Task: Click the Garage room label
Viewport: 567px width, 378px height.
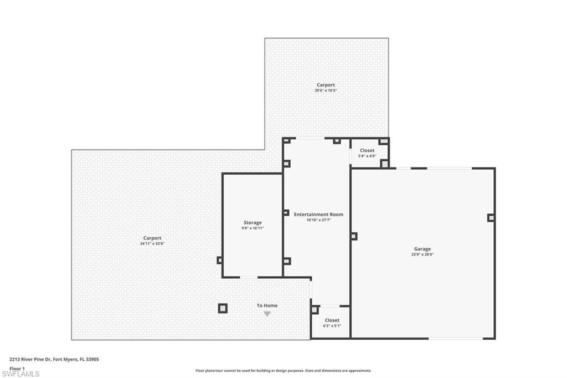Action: tap(422, 249)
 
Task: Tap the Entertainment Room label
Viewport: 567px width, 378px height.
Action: tap(318, 214)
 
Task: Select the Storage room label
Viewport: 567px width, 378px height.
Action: tap(252, 223)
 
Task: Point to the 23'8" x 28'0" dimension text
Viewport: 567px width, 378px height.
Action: tap(422, 255)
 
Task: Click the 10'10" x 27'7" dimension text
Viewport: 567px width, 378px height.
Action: tap(318, 220)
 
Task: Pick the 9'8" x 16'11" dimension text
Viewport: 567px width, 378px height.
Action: tap(252, 228)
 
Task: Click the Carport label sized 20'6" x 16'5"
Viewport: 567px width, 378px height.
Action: tap(326, 85)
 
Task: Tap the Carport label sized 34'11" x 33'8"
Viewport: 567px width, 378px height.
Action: tap(152, 238)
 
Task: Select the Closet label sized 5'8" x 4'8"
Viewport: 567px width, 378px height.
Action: tap(367, 150)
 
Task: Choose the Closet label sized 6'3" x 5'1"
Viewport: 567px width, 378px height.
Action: tap(332, 320)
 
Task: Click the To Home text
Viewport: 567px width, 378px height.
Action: tap(267, 305)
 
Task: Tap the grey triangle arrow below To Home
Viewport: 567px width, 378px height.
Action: tap(267, 314)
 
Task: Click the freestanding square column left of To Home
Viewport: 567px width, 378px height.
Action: tap(222, 308)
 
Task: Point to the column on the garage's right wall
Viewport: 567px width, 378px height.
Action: tap(491, 218)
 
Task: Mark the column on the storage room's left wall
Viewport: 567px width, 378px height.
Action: tap(220, 260)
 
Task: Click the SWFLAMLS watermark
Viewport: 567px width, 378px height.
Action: tap(21, 374)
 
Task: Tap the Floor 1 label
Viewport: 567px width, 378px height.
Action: tap(17, 368)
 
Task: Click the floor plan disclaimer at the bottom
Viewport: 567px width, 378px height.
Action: tap(283, 371)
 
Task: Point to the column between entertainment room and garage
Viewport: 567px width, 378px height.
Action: tap(353, 236)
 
